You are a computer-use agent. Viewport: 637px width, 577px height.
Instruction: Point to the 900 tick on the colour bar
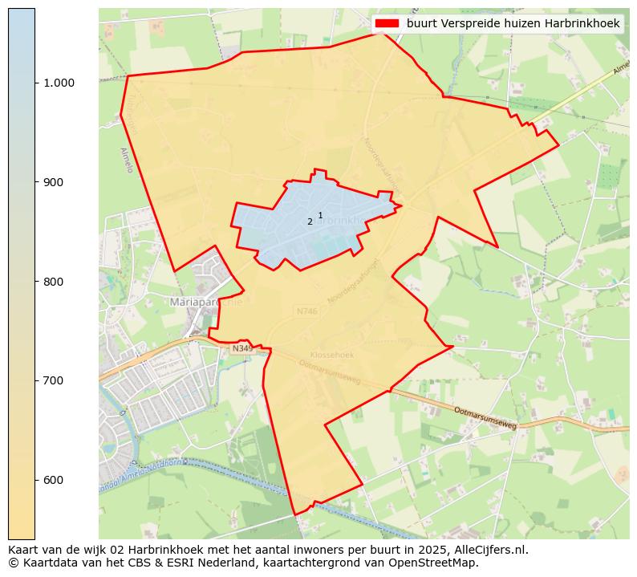[52, 182]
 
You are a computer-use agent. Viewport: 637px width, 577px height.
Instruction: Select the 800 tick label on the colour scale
[52, 282]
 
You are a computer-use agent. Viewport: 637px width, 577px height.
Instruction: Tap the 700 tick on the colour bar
[52, 380]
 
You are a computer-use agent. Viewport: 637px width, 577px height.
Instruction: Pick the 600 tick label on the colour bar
[52, 480]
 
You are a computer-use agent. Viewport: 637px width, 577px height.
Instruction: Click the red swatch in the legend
[387, 24]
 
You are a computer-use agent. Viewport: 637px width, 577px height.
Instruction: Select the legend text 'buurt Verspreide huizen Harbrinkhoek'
[513, 24]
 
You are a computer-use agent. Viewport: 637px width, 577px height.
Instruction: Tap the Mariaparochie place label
[206, 302]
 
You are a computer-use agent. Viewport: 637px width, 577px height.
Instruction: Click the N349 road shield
[241, 349]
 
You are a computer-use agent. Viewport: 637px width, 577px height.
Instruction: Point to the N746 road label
[306, 311]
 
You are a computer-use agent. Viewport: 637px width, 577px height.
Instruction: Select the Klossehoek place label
[331, 355]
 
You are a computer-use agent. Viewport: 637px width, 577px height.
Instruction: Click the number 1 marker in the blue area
[320, 215]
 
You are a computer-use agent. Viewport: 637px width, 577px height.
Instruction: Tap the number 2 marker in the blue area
[310, 222]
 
